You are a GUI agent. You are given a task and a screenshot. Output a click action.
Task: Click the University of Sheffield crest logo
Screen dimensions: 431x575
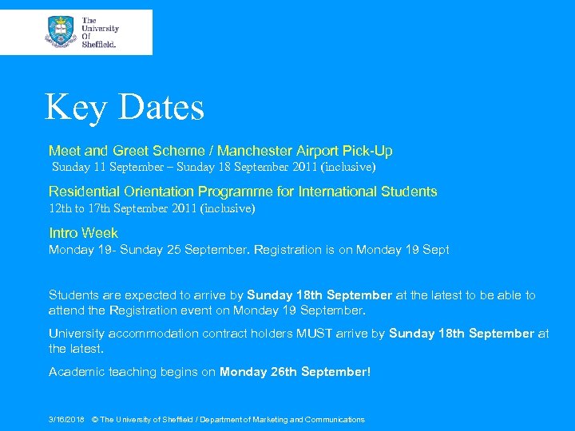click(x=60, y=32)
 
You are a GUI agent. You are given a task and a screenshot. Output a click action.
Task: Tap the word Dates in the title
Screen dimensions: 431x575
click(x=162, y=107)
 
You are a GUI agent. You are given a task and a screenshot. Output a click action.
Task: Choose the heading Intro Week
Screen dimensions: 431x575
click(x=83, y=233)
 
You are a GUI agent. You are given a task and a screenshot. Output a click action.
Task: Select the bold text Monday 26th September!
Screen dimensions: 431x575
click(x=295, y=372)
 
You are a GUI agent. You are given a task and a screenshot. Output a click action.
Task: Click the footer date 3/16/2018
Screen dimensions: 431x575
click(x=66, y=420)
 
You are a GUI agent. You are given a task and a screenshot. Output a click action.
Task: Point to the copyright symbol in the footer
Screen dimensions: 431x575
click(x=95, y=420)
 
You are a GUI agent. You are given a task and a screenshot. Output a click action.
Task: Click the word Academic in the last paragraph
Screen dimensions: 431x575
click(x=76, y=372)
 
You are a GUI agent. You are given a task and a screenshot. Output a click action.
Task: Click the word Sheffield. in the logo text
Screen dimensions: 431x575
click(x=99, y=45)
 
